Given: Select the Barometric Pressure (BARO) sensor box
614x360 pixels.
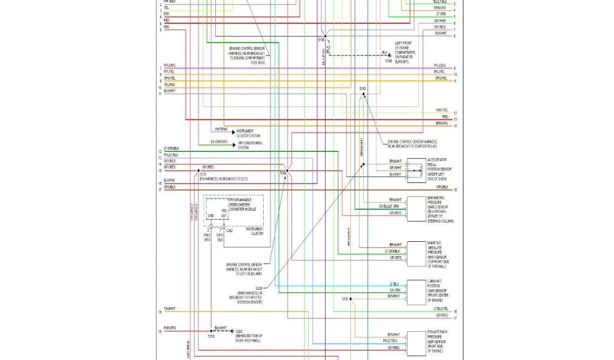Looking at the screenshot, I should pos(416,208).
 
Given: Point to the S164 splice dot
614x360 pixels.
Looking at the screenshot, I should pos(288,171).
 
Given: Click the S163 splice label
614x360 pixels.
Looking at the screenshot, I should pos(362,89).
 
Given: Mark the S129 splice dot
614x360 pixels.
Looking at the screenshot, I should pos(198,171).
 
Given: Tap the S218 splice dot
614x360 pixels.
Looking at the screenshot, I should pos(210,331).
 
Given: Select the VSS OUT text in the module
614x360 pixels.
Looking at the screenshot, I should pos(223,214).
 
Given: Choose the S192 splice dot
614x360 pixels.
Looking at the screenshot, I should pos(351,298).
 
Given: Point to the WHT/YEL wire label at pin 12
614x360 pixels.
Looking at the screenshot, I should pos(442,110).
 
